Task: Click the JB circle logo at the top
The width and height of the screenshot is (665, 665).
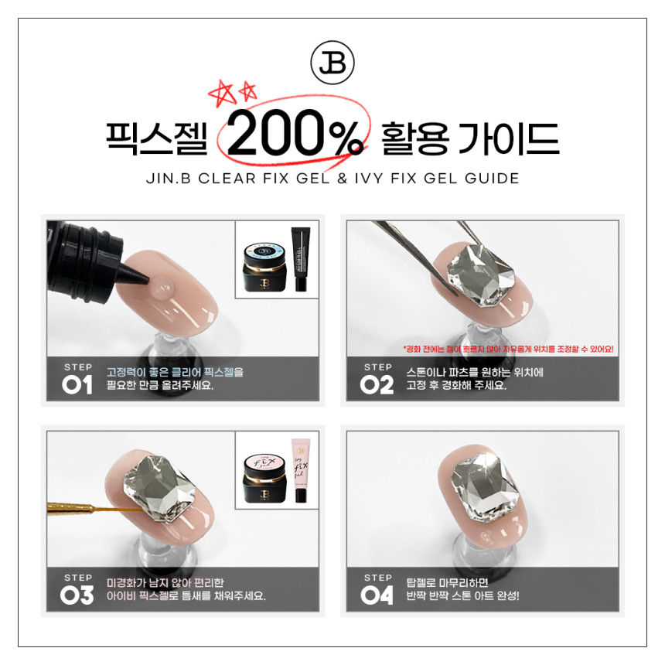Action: coord(332,63)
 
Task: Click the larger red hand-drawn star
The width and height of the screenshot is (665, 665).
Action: coord(222,94)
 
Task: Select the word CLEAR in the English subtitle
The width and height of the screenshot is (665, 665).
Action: coord(227,179)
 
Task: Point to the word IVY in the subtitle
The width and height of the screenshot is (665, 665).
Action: coord(369,179)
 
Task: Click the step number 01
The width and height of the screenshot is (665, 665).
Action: coord(77,385)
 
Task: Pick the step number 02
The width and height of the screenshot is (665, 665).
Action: coord(377,385)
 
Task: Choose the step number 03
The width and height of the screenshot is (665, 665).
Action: coord(77,595)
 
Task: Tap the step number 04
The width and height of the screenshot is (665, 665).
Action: coord(377,595)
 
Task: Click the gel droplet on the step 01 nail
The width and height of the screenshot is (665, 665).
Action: coord(162,287)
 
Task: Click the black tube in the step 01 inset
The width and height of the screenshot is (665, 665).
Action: coord(301,259)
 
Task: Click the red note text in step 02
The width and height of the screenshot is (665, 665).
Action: coord(508,349)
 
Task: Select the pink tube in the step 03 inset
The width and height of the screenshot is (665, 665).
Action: coord(301,471)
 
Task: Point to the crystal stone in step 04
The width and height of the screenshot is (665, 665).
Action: coord(485,485)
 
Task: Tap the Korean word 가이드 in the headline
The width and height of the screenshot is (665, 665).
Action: coord(509,138)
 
